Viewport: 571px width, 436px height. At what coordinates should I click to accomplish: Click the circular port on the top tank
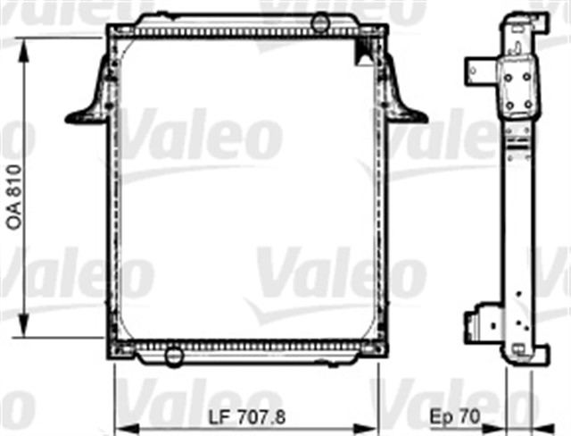[321, 20]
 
